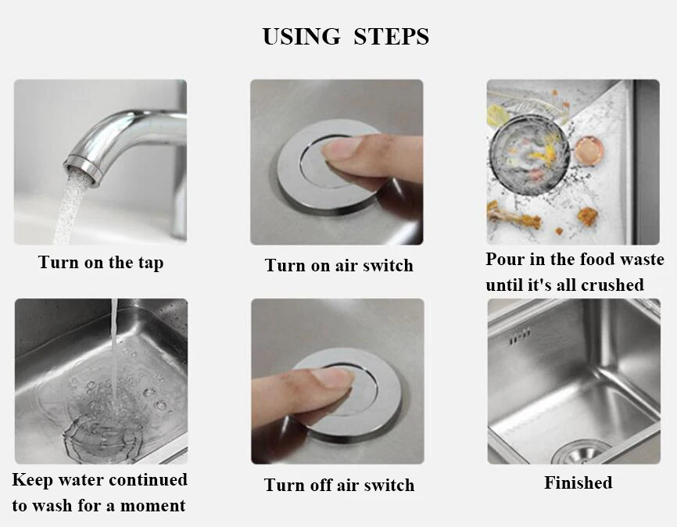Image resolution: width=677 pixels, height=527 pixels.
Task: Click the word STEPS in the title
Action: [391, 36]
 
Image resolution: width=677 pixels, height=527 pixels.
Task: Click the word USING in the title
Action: [302, 36]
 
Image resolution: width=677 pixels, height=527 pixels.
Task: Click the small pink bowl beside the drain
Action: [588, 150]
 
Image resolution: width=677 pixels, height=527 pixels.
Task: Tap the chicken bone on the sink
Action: [514, 217]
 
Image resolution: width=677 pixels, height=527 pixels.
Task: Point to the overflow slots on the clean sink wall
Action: [519, 335]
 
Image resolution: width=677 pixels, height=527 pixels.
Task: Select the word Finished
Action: [578, 482]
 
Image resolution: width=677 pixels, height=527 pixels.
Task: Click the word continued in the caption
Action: [148, 480]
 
